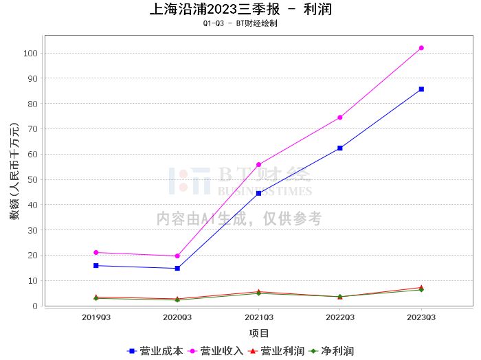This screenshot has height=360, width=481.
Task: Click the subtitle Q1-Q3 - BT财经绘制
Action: tap(240, 23)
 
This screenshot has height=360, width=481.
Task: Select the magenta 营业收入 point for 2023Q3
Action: tap(421, 48)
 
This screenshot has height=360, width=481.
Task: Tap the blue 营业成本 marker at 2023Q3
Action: tap(421, 89)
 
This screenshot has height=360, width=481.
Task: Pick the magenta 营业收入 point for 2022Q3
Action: tap(340, 117)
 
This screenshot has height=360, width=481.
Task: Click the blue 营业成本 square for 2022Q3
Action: tap(340, 148)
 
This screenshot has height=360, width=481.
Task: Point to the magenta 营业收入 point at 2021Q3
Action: tap(259, 165)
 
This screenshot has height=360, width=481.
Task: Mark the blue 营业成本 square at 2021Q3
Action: tap(259, 193)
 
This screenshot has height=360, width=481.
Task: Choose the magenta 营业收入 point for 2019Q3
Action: tap(96, 252)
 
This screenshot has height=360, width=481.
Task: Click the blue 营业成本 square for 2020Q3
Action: tap(177, 268)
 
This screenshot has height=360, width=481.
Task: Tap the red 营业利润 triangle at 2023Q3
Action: tap(421, 287)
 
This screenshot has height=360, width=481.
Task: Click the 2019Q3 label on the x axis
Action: tap(96, 317)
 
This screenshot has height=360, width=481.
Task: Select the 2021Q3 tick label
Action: tap(259, 317)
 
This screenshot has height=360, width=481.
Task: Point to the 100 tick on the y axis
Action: tap(30, 54)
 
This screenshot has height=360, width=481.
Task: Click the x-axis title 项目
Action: tap(259, 333)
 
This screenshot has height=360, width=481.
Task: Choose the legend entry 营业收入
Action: tap(221, 351)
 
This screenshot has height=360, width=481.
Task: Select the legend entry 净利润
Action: tap(337, 351)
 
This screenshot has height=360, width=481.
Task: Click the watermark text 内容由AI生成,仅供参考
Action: tap(239, 218)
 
